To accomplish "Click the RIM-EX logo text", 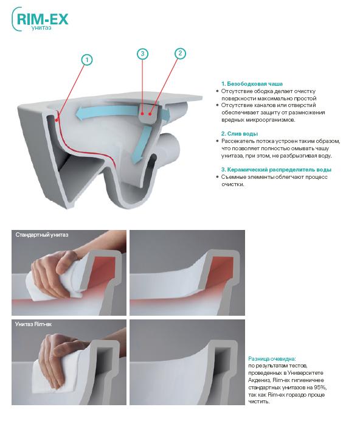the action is (x=43, y=19).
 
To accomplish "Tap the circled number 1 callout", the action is (x=87, y=60).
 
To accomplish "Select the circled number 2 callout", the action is (x=180, y=53).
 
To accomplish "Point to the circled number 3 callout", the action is (x=142, y=54).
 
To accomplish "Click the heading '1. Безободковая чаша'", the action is (x=252, y=84).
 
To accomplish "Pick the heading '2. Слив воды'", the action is (x=240, y=134).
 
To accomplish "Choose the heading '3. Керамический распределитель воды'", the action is (x=276, y=170).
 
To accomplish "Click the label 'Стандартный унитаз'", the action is (x=42, y=235).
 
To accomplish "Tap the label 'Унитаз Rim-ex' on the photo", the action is (x=33, y=324).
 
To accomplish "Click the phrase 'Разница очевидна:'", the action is (x=272, y=359).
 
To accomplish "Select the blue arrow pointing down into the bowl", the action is (x=141, y=144).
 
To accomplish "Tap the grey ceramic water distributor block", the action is (x=147, y=114).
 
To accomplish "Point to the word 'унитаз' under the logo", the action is (x=41, y=27).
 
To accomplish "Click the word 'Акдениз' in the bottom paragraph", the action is (x=259, y=380).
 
